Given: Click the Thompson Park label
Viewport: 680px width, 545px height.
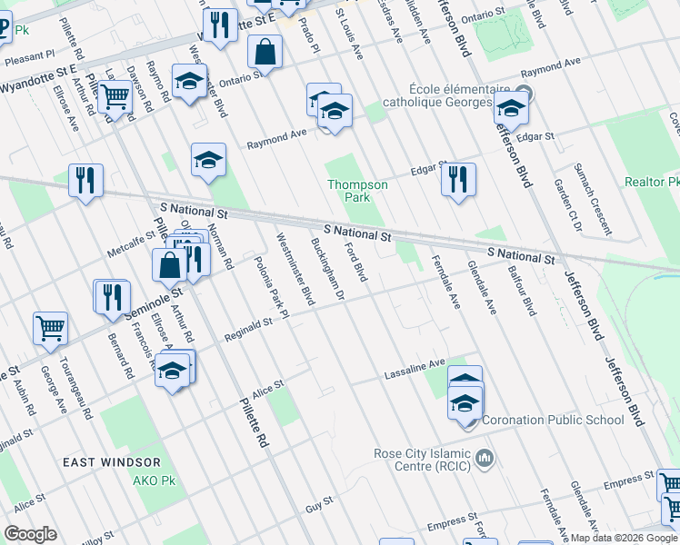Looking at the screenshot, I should pos(357,191).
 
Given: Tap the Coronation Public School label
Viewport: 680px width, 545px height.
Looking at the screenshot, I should pos(553,420).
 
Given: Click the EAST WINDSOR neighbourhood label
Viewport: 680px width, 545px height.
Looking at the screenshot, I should pos(105,462).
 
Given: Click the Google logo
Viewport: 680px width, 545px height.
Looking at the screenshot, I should pos(30,534).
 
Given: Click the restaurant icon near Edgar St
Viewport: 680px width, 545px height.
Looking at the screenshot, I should pos(458,178).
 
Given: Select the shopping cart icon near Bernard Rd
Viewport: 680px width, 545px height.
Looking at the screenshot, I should pos(50,329).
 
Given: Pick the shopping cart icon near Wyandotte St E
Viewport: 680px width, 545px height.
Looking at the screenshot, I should pos(115,95).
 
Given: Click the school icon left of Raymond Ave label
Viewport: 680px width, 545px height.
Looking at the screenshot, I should pos(208,161).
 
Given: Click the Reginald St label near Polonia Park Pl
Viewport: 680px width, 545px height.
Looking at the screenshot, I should pos(255,324).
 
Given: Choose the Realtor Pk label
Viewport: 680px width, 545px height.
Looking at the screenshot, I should pos(652,182).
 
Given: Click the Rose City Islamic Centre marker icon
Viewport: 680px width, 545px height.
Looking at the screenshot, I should pos(485,456).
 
